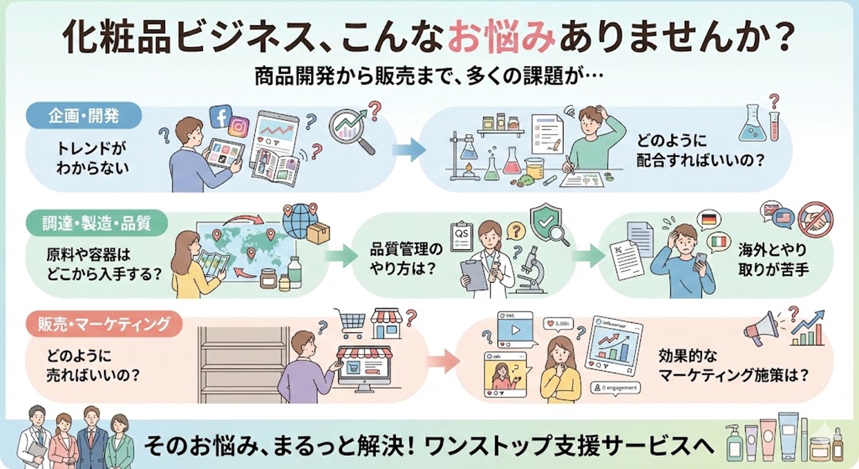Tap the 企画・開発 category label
tap(83, 116)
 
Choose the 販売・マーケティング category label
tap(104, 324)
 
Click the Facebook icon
tap(220, 116)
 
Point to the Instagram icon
tap(238, 127)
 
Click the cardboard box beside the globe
tap(318, 233)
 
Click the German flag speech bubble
tap(709, 220)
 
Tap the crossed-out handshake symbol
tap(815, 220)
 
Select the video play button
tap(515, 329)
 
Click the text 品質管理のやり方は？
tap(406, 258)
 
